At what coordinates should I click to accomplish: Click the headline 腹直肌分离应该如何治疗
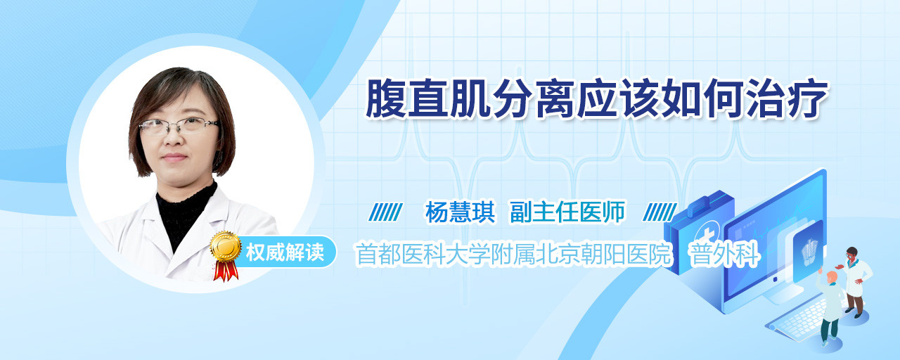[x=597, y=99]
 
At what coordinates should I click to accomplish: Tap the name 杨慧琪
[x=460, y=212]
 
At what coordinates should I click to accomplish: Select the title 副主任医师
[x=567, y=212]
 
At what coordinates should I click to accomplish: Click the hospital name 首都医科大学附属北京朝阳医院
[x=514, y=254]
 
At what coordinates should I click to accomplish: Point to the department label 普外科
[x=724, y=254]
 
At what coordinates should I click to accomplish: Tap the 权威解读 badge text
[x=285, y=252]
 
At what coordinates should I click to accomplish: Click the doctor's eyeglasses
[x=179, y=126]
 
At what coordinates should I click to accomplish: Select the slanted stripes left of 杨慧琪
[x=386, y=212]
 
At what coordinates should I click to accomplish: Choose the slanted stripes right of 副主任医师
[x=660, y=212]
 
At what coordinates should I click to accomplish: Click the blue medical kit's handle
[x=708, y=202]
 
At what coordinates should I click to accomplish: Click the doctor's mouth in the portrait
[x=174, y=157]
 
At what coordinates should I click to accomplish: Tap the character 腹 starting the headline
[x=386, y=99]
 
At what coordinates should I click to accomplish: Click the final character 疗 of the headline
[x=809, y=99]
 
